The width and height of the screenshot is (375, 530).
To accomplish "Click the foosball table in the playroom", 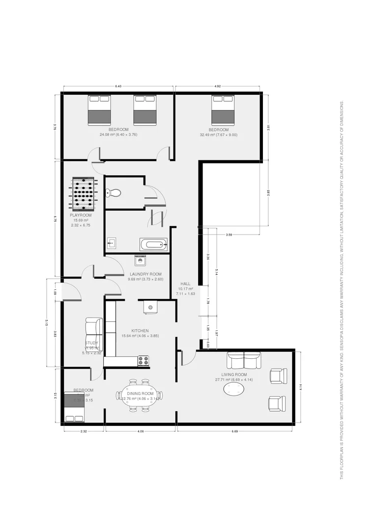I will point(86,193).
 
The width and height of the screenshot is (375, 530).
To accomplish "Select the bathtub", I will point(153,244).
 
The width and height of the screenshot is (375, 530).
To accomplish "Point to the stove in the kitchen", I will point(144,361).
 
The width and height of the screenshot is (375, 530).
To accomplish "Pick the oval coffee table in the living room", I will point(234,390).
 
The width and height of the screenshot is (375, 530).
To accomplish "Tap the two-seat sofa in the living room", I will point(243,361).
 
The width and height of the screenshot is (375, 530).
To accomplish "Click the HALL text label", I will point(186,284).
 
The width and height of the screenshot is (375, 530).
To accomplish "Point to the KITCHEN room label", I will point(140,331).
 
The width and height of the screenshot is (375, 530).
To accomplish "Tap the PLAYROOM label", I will point(81,215).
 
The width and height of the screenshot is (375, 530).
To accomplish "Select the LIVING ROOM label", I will point(234,374).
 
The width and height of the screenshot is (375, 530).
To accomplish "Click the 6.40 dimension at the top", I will point(118,86).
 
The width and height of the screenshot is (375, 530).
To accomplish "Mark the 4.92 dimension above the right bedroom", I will point(217,86).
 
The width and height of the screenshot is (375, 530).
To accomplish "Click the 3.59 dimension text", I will point(229,235).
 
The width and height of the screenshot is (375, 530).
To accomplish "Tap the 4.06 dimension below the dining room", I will point(141,431).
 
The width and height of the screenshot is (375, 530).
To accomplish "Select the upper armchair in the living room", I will point(277,376).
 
